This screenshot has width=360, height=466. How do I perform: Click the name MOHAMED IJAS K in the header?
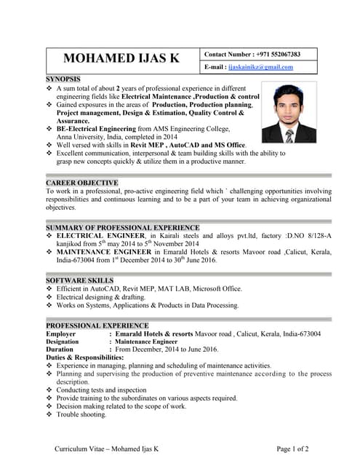121,60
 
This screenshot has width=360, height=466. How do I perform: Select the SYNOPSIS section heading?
63,79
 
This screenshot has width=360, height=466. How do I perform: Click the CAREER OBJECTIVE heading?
81,183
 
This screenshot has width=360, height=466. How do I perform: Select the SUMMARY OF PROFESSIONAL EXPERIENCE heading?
122,228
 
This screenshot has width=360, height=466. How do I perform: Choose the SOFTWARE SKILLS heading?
79,280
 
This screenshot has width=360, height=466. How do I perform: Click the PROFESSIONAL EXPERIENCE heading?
97,325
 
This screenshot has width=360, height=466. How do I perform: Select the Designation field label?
63,341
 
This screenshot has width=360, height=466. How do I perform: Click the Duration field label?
60,349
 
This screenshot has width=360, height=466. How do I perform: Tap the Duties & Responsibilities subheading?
85,358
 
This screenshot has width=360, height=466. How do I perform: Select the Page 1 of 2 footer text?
297,449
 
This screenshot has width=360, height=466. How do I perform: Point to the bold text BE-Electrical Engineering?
98,128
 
